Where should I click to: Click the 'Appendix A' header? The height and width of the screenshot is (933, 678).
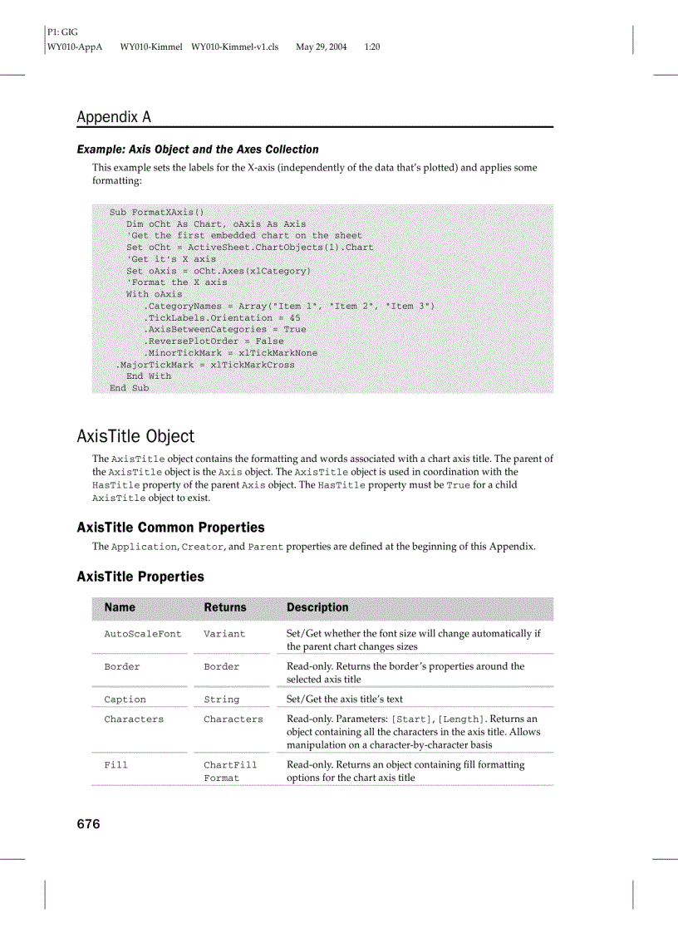[114, 117]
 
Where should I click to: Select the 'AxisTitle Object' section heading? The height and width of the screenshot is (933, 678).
[135, 436]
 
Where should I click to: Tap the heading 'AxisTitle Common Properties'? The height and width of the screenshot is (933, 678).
[170, 528]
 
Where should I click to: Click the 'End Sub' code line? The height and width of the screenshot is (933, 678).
[129, 388]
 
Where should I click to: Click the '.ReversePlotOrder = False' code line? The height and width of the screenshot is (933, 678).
[214, 341]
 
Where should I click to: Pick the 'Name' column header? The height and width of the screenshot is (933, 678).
[120, 607]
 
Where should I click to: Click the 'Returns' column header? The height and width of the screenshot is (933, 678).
[225, 607]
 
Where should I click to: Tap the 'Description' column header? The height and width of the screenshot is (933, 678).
[317, 607]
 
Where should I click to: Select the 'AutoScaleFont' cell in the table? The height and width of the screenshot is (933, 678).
[142, 634]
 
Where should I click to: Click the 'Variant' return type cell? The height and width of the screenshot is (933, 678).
[224, 634]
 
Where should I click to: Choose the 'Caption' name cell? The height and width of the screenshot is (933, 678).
[125, 700]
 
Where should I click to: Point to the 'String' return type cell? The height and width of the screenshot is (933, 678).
[221, 700]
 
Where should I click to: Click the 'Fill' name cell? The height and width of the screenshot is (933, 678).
[115, 765]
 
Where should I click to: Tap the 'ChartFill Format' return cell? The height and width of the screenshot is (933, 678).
[230, 771]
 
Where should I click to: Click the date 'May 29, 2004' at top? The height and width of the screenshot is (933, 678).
[322, 47]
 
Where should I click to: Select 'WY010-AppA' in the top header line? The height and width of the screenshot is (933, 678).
[75, 47]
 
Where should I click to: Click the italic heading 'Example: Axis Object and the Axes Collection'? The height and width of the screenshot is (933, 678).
[198, 150]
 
